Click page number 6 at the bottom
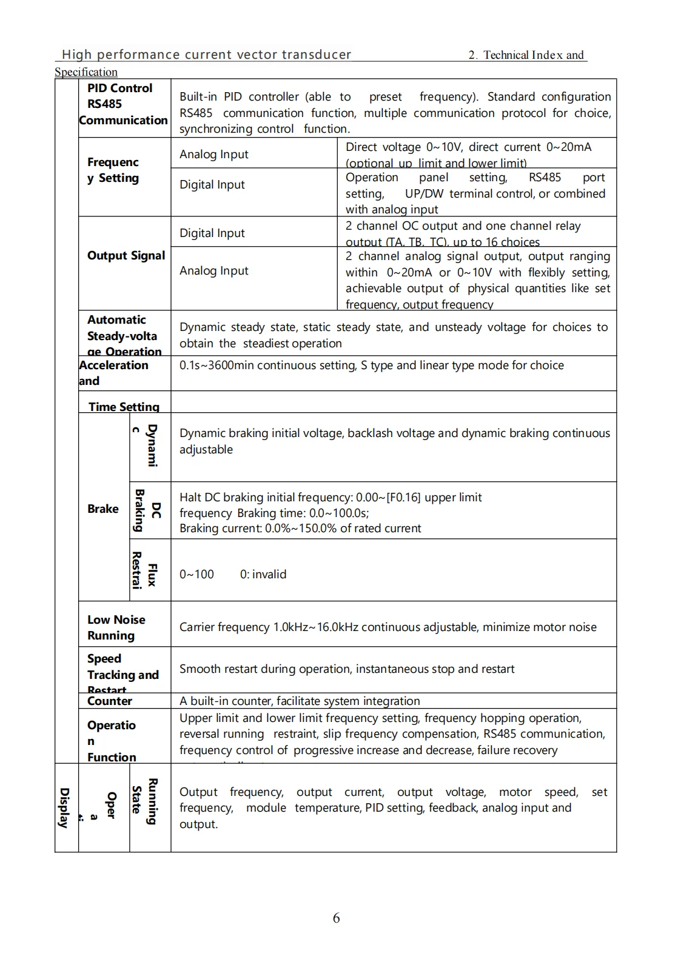(336, 918)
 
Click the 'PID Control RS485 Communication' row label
(123, 104)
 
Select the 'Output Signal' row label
(126, 256)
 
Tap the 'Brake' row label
(102, 509)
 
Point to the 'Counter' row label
(109, 701)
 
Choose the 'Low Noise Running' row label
(116, 627)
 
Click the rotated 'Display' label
(64, 807)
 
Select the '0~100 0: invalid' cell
(232, 574)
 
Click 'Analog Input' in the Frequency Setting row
(213, 155)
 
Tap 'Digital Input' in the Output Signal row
(212, 233)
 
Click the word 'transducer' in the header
(316, 55)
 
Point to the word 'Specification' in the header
(86, 72)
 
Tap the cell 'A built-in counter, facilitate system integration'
(300, 701)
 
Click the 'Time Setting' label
(124, 407)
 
